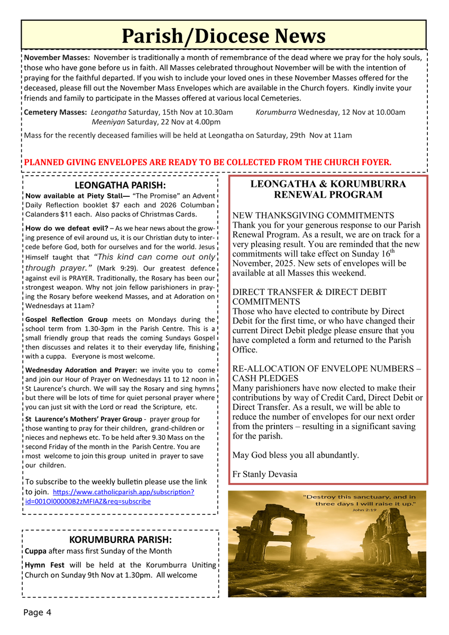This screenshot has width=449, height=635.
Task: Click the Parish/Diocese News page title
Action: [x=223, y=36]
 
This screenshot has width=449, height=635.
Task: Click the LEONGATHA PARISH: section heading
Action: [x=120, y=185]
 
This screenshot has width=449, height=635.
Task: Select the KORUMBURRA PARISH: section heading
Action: [x=120, y=540]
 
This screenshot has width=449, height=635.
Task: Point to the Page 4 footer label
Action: [x=37, y=612]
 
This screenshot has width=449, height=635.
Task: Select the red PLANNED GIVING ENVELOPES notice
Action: [x=208, y=162]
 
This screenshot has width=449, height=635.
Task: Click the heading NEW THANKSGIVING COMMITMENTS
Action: [x=313, y=215]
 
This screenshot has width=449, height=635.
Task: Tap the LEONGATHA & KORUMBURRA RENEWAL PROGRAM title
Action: [x=328, y=189]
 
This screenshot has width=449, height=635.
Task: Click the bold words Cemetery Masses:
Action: [x=56, y=112]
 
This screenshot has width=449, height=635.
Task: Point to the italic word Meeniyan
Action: [x=108, y=122]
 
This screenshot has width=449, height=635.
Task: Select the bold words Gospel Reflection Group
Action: [x=66, y=320]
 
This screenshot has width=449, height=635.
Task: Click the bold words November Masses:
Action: [x=57, y=58]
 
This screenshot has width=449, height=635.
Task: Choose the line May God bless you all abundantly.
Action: [x=296, y=455]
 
